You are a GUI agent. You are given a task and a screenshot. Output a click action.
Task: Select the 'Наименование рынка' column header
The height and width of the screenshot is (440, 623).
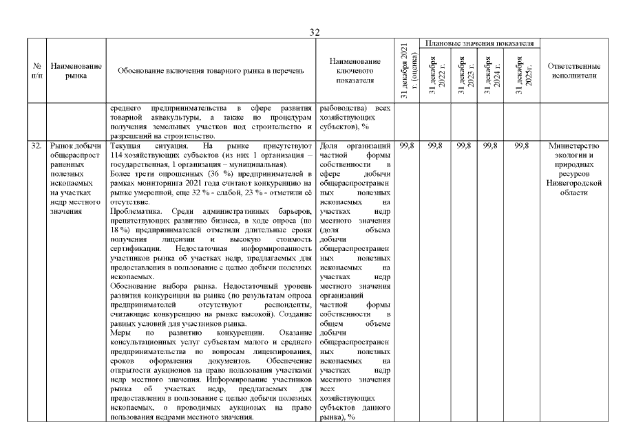76,71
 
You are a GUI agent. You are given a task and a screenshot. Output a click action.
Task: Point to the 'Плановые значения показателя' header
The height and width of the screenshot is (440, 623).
479,43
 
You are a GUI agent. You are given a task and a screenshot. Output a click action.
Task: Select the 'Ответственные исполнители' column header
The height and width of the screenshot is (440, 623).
574,71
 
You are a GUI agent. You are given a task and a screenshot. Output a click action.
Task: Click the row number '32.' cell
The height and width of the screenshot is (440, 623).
36,146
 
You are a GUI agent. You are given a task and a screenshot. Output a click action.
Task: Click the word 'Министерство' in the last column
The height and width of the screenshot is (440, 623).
574,146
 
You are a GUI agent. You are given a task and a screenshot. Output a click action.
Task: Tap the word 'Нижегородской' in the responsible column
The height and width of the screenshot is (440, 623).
574,184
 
